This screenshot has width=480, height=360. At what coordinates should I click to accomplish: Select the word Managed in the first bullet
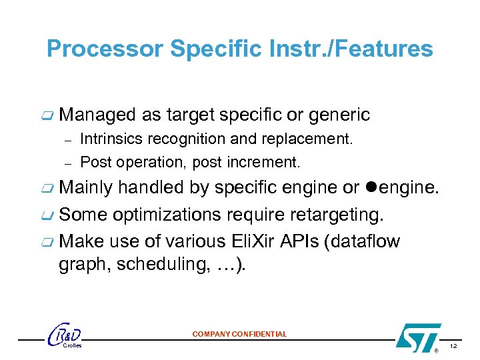[x=97, y=115]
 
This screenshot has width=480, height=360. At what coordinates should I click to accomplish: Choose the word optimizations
[x=170, y=215]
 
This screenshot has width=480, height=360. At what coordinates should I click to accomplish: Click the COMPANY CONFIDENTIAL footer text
[x=239, y=334]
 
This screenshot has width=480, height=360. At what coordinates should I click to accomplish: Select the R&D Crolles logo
[x=66, y=337]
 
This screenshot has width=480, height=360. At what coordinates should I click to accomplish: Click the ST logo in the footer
[x=418, y=337]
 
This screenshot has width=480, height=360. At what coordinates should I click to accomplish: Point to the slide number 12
[x=453, y=347]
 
